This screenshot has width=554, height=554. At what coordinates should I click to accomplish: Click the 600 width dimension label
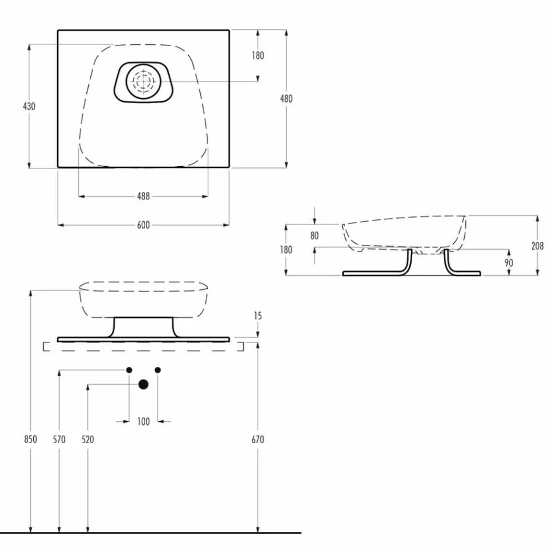click(x=143, y=225)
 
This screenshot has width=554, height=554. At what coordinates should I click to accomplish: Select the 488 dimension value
click(x=143, y=197)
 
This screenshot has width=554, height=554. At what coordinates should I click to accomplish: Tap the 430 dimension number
click(x=29, y=106)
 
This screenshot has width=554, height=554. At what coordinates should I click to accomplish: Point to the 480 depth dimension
click(x=286, y=99)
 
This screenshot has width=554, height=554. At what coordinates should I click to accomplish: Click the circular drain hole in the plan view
click(x=142, y=81)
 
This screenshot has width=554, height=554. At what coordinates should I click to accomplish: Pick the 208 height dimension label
click(x=537, y=246)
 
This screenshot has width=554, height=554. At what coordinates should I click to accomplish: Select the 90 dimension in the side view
click(x=509, y=263)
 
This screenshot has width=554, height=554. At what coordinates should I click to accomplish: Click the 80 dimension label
click(x=315, y=236)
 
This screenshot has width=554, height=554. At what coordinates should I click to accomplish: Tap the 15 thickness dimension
click(x=258, y=316)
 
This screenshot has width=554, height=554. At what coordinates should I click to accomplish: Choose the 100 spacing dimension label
click(x=143, y=421)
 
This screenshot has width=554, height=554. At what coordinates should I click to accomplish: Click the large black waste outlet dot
click(x=143, y=384)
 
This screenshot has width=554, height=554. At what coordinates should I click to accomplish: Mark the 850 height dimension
click(x=31, y=439)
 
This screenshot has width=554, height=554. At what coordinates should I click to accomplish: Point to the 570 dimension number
click(x=59, y=439)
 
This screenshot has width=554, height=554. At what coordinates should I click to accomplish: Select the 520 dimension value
click(x=87, y=439)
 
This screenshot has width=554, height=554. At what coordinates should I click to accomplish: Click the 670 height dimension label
click(x=258, y=439)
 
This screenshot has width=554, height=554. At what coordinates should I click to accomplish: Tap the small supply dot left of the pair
click(x=129, y=370)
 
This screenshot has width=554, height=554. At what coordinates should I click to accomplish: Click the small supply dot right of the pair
click(x=157, y=370)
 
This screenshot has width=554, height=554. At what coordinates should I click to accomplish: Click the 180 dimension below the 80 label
click(x=286, y=250)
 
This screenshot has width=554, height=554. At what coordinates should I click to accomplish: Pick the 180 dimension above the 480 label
click(x=258, y=55)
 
